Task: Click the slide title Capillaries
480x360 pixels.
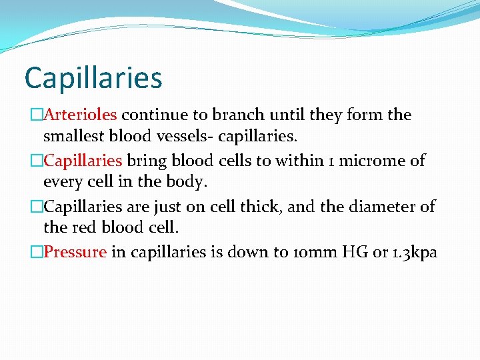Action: click(x=93, y=78)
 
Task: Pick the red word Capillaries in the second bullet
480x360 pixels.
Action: click(x=83, y=161)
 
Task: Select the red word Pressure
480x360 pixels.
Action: click(x=75, y=253)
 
